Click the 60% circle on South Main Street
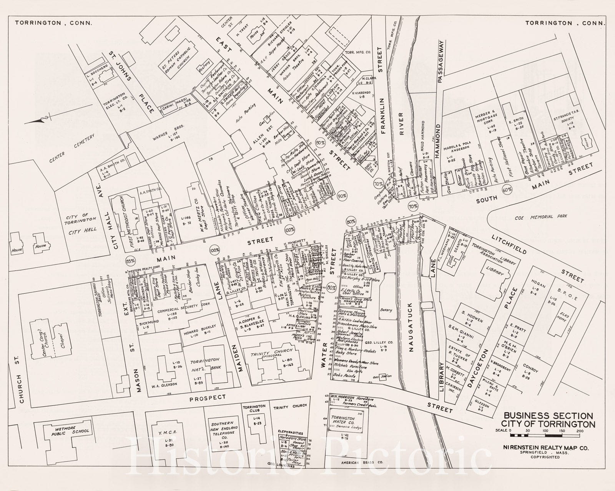coord(507,189)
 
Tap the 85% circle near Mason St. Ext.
coord(130,260)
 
